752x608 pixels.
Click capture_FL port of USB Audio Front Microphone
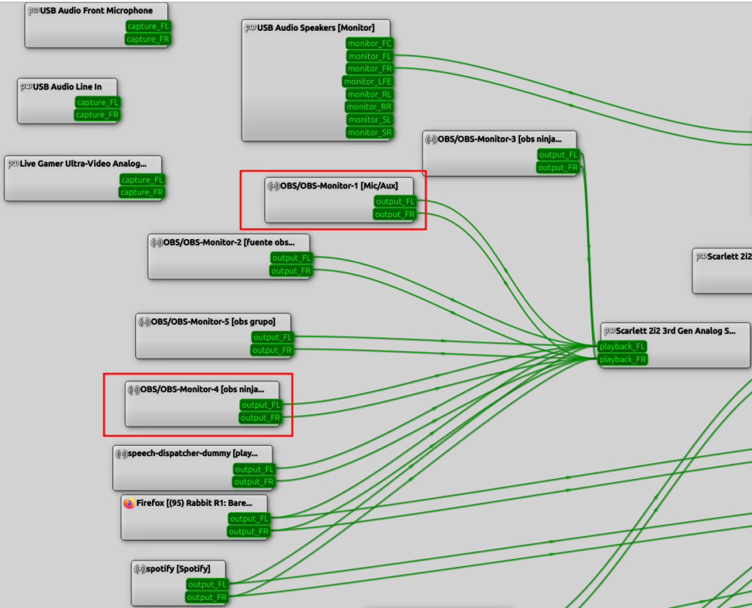pyautogui.click(x=148, y=26)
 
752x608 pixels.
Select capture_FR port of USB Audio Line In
pyautogui.click(x=97, y=115)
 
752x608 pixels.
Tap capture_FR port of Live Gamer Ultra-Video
pyautogui.click(x=142, y=192)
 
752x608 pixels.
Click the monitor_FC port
pyautogui.click(x=369, y=43)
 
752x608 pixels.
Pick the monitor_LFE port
pyautogui.click(x=367, y=81)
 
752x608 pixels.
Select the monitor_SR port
pyautogui.click(x=369, y=133)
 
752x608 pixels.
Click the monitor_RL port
pyautogui.click(x=369, y=95)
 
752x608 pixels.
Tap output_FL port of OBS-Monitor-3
pyautogui.click(x=558, y=155)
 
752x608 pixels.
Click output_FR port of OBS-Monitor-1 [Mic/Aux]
pyautogui.click(x=394, y=214)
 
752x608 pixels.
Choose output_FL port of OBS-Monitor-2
pyautogui.click(x=291, y=258)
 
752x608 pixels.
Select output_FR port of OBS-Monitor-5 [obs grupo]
pyautogui.click(x=272, y=351)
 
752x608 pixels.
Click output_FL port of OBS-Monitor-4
pyautogui.click(x=261, y=406)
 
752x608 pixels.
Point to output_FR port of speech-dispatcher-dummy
pyautogui.click(x=253, y=482)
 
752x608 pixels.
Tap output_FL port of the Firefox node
pyautogui.click(x=249, y=519)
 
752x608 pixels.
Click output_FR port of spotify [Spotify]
pyautogui.click(x=206, y=598)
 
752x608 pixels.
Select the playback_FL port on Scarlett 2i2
pyautogui.click(x=622, y=346)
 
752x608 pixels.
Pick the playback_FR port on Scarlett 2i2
pyautogui.click(x=623, y=359)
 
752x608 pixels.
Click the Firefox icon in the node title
pyautogui.click(x=129, y=503)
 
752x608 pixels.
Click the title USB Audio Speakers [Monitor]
pyautogui.click(x=316, y=28)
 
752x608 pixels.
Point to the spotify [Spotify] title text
pyautogui.click(x=178, y=568)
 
